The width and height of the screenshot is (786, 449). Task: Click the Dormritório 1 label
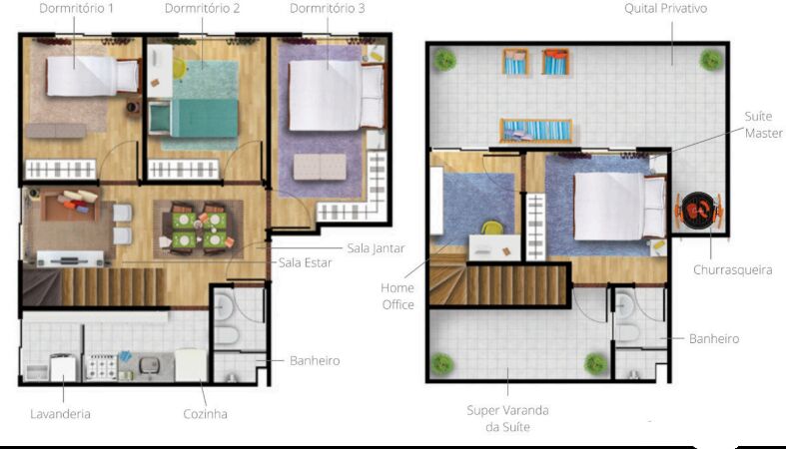[76, 9]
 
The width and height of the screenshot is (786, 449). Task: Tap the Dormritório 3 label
[328, 9]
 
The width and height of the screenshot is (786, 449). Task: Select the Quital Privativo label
[666, 9]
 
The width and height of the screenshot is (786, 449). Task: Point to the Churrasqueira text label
[732, 269]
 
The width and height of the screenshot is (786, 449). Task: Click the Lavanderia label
[60, 414]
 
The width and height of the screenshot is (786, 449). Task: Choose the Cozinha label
[205, 414]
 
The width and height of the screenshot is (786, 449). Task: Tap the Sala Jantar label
[376, 247]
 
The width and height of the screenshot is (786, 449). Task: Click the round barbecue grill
[698, 211]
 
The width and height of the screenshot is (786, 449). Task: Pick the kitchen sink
[149, 364]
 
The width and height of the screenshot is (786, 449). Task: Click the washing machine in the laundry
[63, 367]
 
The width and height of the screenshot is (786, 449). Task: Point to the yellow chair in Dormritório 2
[179, 69]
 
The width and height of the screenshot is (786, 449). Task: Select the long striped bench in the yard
[536, 131]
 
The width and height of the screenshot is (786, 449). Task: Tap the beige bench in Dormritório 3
[320, 167]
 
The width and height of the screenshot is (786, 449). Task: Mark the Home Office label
[397, 295]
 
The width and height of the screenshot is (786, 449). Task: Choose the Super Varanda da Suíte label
[507, 418]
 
